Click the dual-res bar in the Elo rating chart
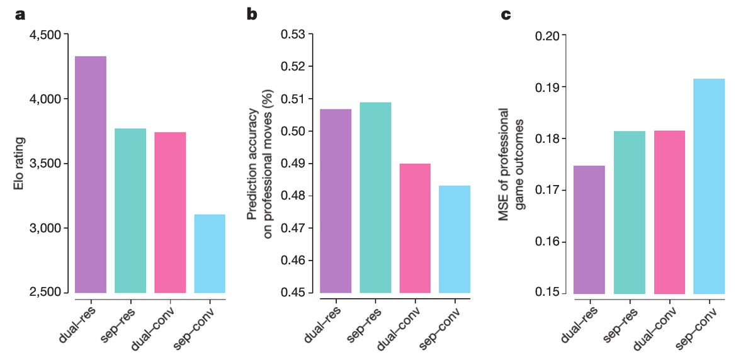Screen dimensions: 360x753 pyautogui.click(x=90, y=174)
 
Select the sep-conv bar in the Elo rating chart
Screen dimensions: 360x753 pyautogui.click(x=210, y=254)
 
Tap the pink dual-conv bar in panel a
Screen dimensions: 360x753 pyautogui.click(x=170, y=212)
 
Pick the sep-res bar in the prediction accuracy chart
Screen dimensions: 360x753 pyautogui.click(x=375, y=197)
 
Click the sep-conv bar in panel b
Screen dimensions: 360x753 pyautogui.click(x=455, y=239)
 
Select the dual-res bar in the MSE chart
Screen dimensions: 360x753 pyautogui.click(x=589, y=230)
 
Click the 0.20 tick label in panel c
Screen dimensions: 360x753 pyautogui.click(x=546, y=35)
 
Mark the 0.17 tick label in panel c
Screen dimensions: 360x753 pyautogui.click(x=546, y=190)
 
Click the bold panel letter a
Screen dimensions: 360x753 pyautogui.click(x=21, y=14)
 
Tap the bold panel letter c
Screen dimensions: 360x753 pyautogui.click(x=506, y=14)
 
